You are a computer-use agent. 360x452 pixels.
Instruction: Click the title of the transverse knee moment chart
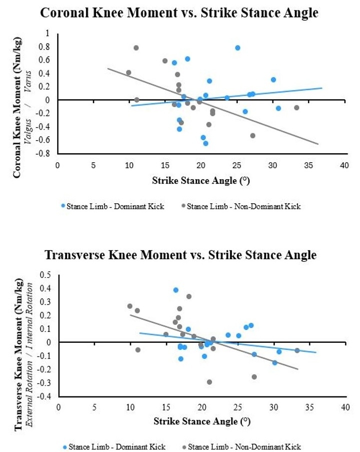pos(181,255)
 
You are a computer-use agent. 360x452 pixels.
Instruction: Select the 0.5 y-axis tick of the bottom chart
pos(47,275)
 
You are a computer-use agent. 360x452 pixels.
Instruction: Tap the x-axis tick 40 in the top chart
pos(344,165)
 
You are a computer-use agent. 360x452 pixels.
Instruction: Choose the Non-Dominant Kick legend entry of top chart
pos(241,206)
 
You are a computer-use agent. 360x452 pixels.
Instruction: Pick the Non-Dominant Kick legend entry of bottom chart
pos(242,446)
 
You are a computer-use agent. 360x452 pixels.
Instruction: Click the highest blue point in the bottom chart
pos(176,290)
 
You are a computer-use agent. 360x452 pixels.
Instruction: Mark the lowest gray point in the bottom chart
pos(209,382)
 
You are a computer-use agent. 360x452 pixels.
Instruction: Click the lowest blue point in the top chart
pos(205,143)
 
